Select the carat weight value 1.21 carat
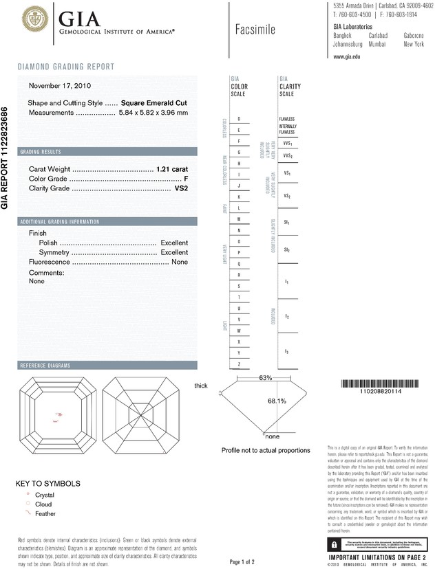coord(172,168)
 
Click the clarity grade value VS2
coord(182,188)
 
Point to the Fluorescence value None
coord(179,262)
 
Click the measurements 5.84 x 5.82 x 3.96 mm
coord(153,112)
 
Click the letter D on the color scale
coord(238,119)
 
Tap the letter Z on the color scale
coord(238,364)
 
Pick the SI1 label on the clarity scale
coord(286,224)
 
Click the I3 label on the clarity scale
coord(286,351)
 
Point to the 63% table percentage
coord(265,378)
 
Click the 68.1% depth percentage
coord(277,401)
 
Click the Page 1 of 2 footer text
coord(246,562)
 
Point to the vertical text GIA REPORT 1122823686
coord(6,158)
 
